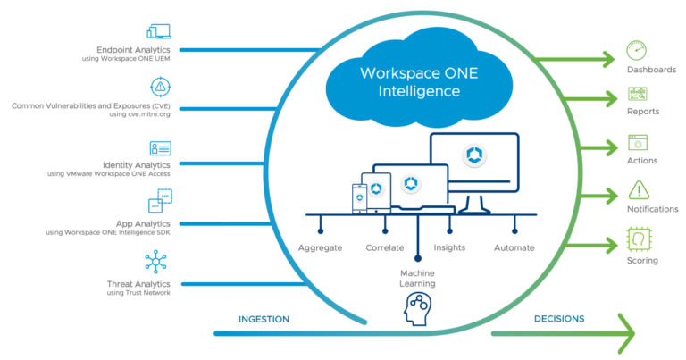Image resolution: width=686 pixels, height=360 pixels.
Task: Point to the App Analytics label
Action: pyautogui.click(x=143, y=223)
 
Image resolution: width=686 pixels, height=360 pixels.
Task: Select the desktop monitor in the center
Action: pyautogui.click(x=473, y=161)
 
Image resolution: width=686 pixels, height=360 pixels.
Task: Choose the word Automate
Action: pyautogui.click(x=514, y=247)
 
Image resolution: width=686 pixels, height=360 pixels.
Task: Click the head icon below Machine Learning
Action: pyautogui.click(x=417, y=309)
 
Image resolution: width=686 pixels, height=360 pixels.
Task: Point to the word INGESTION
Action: pyautogui.click(x=264, y=319)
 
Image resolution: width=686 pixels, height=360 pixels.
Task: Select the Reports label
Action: pyautogui.click(x=642, y=112)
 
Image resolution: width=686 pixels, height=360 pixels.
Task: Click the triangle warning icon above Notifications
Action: pyautogui.click(x=639, y=189)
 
